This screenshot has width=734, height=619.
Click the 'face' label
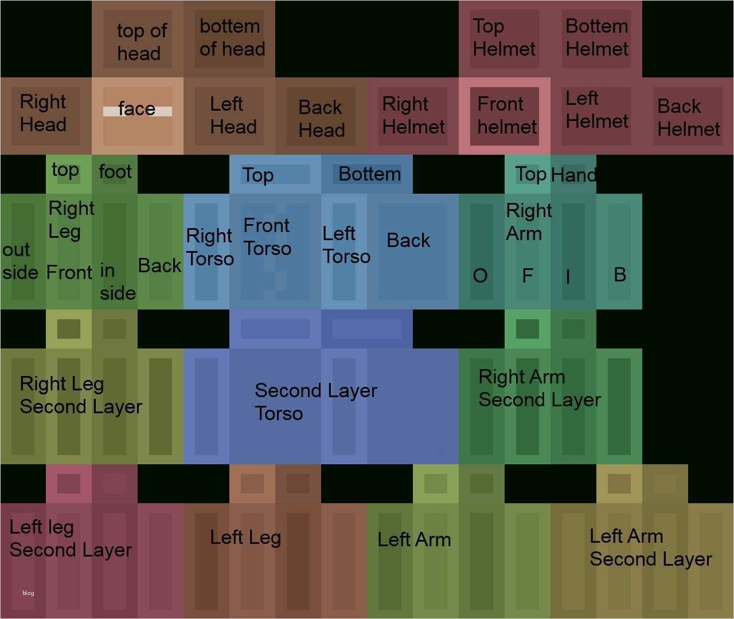point(136,108)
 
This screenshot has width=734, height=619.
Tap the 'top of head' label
point(141,42)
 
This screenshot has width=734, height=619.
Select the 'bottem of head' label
point(232,38)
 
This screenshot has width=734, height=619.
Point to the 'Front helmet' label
point(506,115)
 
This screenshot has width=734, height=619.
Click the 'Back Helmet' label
point(688,117)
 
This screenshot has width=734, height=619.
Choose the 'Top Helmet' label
point(503,38)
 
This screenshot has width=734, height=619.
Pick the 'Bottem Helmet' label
point(596,38)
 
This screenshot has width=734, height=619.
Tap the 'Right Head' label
point(43,113)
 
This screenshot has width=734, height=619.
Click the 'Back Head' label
point(321,119)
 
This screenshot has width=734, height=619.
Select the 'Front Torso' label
point(267,237)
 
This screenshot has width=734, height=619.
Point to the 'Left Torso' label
point(346,245)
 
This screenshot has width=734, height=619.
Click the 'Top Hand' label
point(556,174)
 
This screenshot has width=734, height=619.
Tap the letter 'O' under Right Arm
point(480,276)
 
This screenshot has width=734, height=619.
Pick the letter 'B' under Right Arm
point(619,275)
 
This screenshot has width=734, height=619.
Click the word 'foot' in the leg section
point(115,171)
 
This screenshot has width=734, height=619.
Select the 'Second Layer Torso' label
point(315,402)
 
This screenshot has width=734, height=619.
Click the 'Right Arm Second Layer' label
point(539,388)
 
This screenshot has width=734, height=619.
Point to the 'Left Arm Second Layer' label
point(650,547)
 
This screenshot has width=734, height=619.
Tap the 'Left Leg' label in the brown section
point(245,538)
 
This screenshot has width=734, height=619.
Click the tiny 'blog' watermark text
point(28,593)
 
